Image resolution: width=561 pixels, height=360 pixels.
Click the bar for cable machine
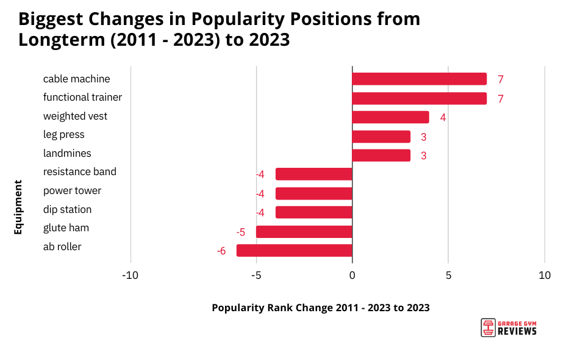(x=419, y=79)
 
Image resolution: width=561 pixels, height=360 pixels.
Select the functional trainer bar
(x=419, y=98)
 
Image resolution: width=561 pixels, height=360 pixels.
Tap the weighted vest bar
(x=390, y=117)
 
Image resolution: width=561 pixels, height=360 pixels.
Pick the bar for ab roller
(x=294, y=250)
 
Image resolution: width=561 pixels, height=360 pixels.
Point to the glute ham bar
(x=304, y=232)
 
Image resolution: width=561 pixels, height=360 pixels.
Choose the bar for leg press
(x=381, y=137)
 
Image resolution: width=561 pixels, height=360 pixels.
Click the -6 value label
(x=221, y=251)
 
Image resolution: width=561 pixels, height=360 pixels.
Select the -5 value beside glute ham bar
(x=241, y=232)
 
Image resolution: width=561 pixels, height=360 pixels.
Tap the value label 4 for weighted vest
(x=443, y=118)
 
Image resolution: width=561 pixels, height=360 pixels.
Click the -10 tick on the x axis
(x=130, y=275)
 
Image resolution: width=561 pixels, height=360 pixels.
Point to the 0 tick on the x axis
(x=352, y=275)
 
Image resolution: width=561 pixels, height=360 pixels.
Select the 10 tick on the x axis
(x=545, y=275)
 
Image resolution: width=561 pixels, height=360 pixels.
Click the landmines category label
(x=67, y=153)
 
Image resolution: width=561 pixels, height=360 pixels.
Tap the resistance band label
(x=79, y=171)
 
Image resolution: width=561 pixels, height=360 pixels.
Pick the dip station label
(x=67, y=209)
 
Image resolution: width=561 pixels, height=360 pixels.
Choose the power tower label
(x=72, y=190)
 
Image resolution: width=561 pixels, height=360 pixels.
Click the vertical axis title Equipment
(x=18, y=207)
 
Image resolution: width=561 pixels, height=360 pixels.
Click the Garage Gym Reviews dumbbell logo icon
(x=487, y=328)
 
